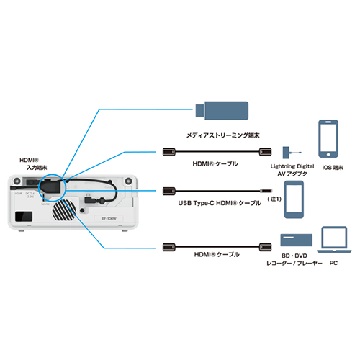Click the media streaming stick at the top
(224, 110)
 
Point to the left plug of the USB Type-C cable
(168, 190)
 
